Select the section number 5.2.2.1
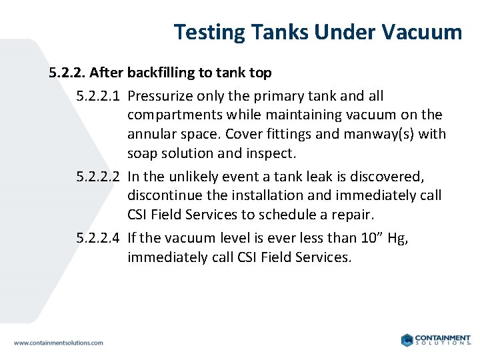(x=99, y=97)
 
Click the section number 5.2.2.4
(x=99, y=238)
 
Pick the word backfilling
(x=160, y=72)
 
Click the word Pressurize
(x=159, y=97)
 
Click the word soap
(x=142, y=153)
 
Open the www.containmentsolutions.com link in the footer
(x=59, y=343)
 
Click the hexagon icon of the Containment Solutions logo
(x=407, y=340)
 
